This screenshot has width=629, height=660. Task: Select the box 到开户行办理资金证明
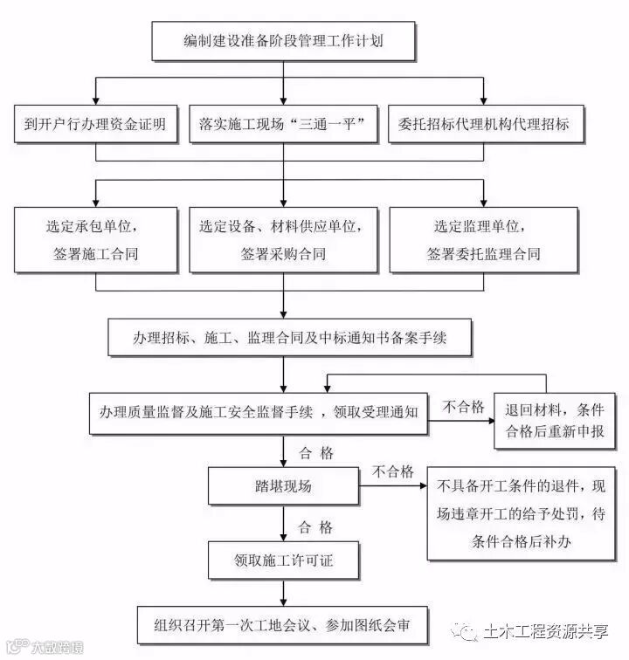95,124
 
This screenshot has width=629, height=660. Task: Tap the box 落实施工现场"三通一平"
283,124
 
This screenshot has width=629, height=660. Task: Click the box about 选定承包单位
95,238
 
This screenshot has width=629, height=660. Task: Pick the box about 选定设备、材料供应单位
283,238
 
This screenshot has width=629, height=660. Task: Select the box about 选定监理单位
482,238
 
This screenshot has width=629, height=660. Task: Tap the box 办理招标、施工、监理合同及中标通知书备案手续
289,337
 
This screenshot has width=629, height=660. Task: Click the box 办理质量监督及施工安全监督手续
258,410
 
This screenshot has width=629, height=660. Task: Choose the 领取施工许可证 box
283,560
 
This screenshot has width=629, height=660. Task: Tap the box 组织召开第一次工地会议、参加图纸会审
283,625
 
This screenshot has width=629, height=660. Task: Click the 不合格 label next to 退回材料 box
463,407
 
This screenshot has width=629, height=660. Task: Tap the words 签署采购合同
283,254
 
